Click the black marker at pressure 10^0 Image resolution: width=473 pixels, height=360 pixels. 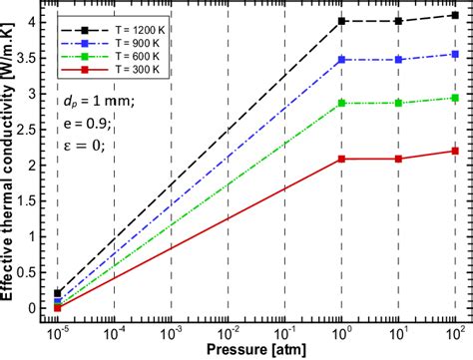[342, 21]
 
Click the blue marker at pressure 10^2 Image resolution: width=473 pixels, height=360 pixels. [455, 55]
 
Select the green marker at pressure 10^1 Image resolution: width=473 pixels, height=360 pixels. [399, 103]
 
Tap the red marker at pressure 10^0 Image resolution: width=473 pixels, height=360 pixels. [342, 159]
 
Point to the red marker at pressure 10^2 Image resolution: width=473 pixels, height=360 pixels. [455, 151]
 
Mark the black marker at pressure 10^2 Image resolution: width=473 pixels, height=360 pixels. [455, 15]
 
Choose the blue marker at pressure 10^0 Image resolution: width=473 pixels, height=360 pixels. [342, 60]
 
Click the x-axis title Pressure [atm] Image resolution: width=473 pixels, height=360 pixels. [256, 350]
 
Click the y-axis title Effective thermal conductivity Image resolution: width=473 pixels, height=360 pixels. [10, 165]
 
